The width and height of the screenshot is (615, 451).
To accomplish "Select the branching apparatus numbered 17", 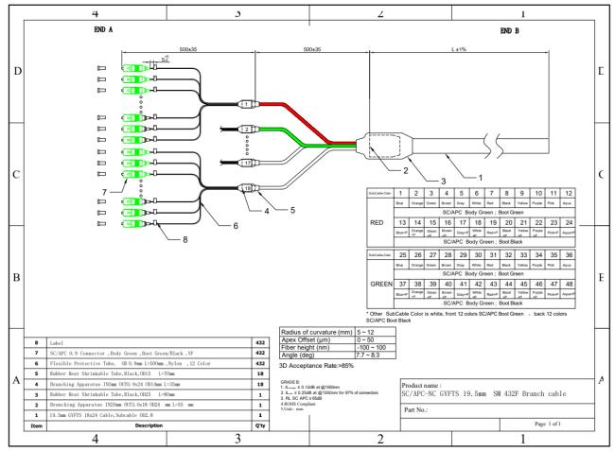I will (246, 164).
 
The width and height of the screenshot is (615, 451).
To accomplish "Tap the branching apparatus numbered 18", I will (247, 188).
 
